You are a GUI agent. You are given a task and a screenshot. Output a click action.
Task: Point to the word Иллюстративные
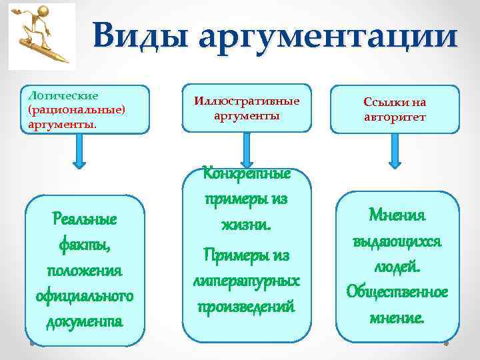(x=247, y=101)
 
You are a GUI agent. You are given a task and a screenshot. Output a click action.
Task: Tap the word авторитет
(x=395, y=117)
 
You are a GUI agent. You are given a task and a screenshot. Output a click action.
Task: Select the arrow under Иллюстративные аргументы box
(x=246, y=155)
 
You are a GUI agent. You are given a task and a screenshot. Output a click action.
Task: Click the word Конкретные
(x=246, y=174)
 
